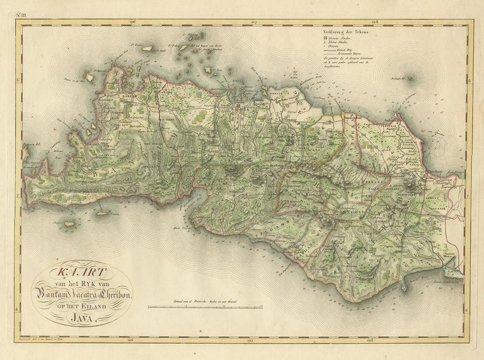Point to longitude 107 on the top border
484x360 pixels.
click(x=253, y=23)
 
